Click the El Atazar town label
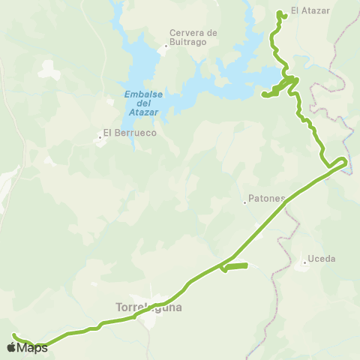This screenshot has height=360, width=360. point(310,11)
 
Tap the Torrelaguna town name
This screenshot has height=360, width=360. point(149,307)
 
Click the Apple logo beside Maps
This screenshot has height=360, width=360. point(12,347)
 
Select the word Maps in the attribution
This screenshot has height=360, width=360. point(33,347)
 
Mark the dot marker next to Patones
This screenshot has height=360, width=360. point(244,202)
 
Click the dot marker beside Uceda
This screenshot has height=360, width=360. point(305,262)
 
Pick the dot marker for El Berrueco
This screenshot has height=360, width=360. point(99,137)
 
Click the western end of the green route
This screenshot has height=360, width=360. point(13,335)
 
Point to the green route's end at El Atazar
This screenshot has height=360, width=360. point(280,13)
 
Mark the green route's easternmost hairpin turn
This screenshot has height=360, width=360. point(346,160)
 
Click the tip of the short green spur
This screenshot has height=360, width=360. point(247,265)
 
